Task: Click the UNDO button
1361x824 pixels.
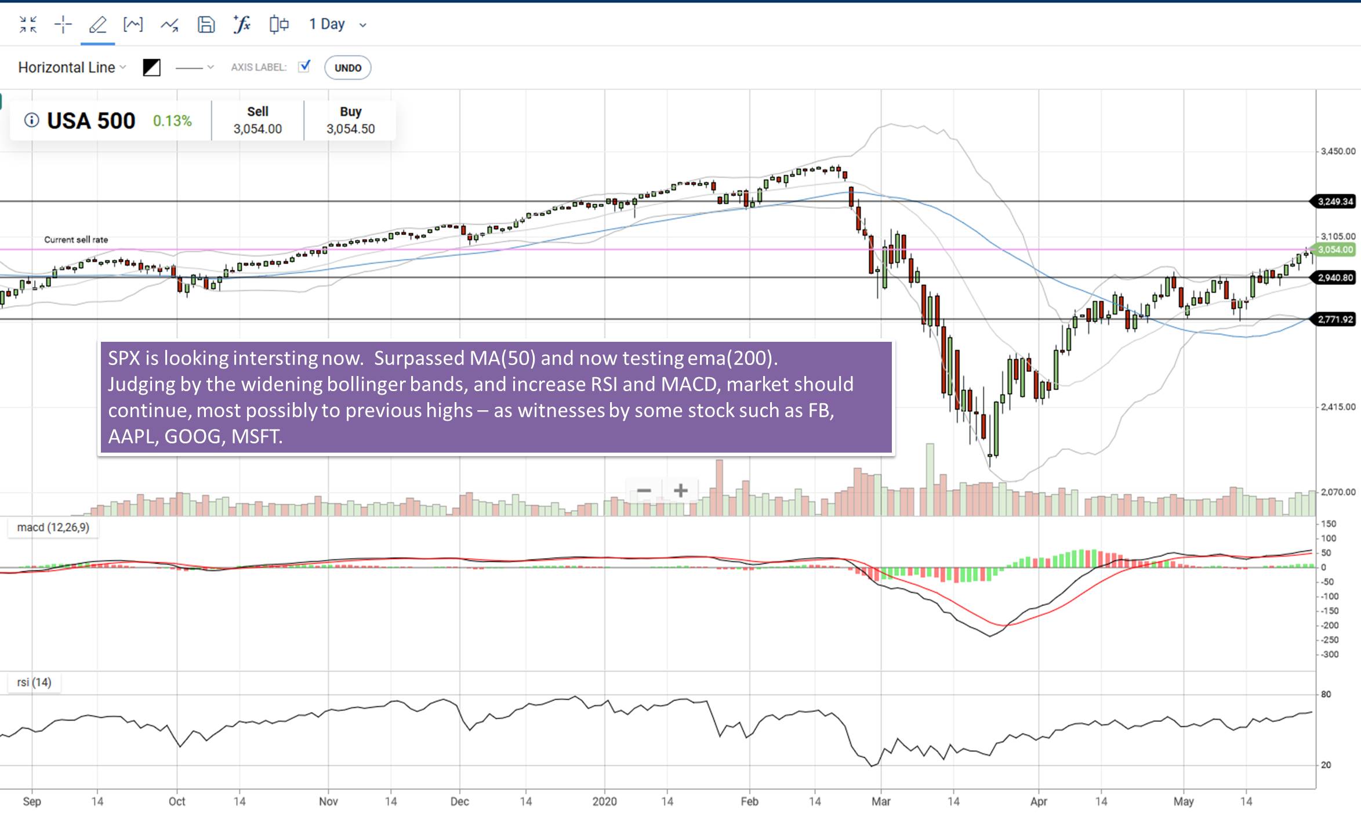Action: (x=347, y=68)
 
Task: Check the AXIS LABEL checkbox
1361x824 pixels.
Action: (x=304, y=66)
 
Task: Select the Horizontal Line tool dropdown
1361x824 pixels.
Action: (x=72, y=67)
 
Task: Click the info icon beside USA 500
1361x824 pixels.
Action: (x=31, y=120)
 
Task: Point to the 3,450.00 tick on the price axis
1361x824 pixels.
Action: (x=1338, y=151)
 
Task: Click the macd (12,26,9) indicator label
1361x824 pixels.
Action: (x=53, y=527)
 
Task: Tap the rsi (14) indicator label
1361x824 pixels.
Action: (x=34, y=682)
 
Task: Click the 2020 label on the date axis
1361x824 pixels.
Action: (x=604, y=801)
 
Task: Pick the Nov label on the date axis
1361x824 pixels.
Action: (x=328, y=801)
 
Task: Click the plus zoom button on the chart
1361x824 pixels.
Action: (x=681, y=491)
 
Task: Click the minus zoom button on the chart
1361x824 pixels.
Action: (x=644, y=491)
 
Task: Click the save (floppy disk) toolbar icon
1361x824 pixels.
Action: (x=206, y=24)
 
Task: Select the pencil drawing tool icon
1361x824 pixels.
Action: (x=97, y=24)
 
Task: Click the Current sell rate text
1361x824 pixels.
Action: (x=76, y=240)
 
